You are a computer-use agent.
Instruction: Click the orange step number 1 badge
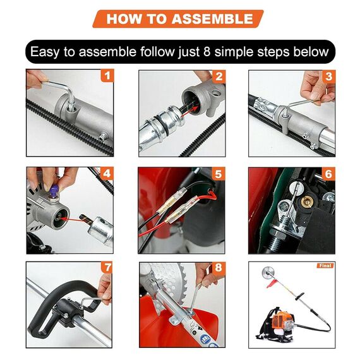pos(107,76)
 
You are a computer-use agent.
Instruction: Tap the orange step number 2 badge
pos(219,76)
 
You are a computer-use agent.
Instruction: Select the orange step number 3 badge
pos(328,76)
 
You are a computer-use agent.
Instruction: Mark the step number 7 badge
pos(107,268)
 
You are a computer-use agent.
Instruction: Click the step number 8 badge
pos(219,268)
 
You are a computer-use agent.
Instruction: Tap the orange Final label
pos(325,265)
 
